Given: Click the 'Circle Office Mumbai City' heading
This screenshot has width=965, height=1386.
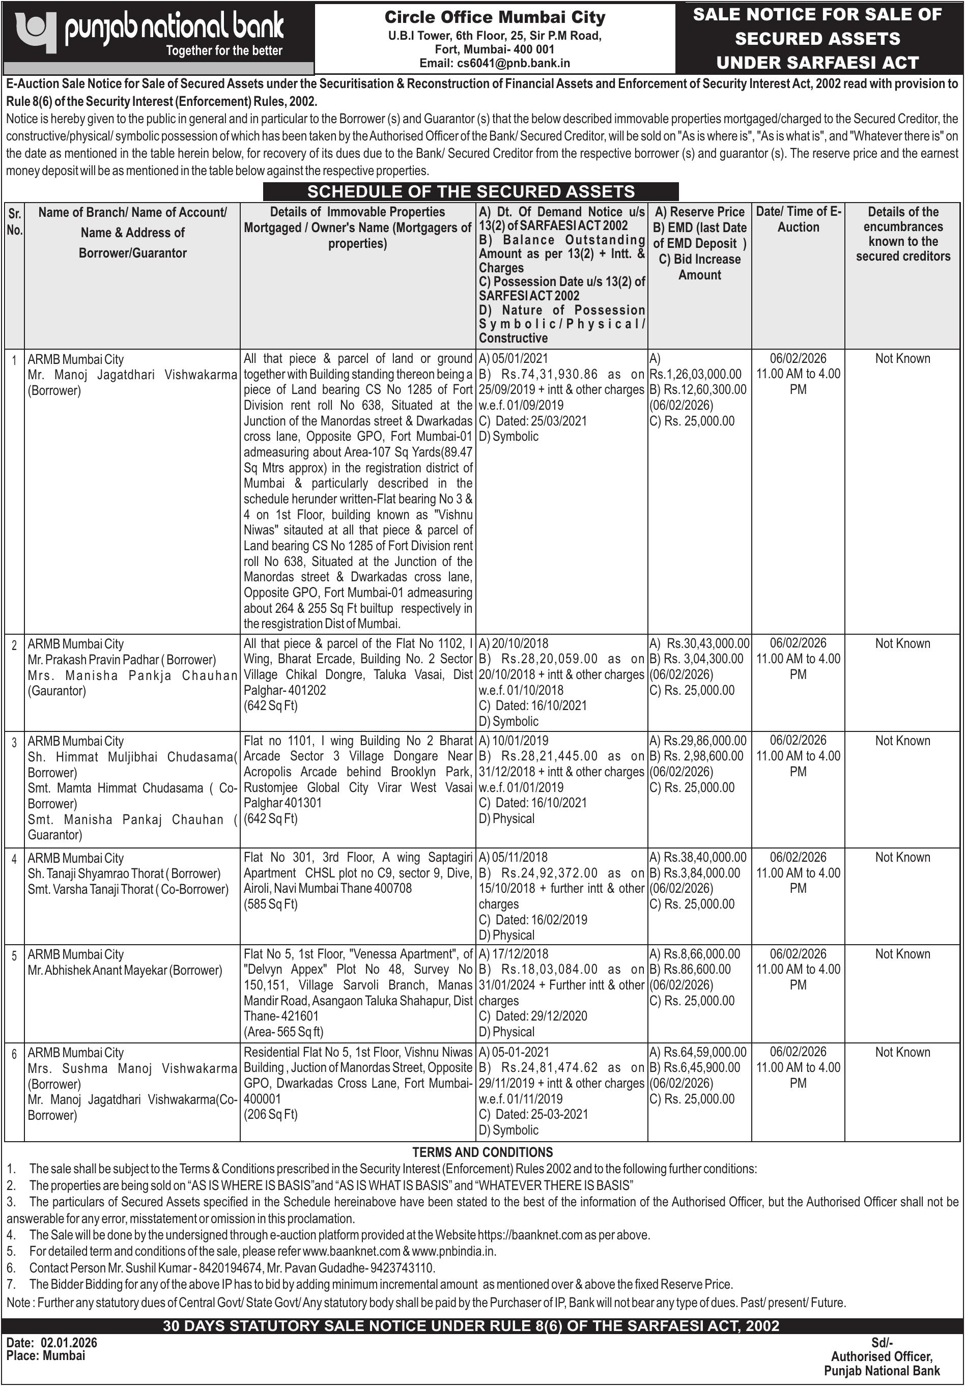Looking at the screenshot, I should tap(494, 17).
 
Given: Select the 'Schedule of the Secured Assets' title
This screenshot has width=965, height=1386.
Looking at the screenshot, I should tap(471, 191).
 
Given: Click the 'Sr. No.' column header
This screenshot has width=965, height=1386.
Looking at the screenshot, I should tap(14, 222).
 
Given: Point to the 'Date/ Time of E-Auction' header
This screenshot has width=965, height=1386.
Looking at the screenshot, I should tap(798, 219).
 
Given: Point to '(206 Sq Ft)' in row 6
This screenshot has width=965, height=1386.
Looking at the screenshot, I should tap(271, 1114).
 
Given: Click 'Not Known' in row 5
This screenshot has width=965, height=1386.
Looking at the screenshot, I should tap(902, 954).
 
